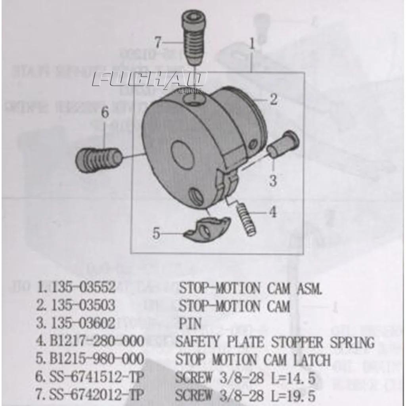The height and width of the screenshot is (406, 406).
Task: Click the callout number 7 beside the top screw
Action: coord(158,42)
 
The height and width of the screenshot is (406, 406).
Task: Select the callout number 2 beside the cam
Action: coord(274,99)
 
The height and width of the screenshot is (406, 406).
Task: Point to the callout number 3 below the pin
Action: coord(273,180)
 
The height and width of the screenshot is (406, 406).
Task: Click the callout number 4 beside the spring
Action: coord(273,212)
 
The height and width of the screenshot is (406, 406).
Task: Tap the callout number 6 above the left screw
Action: coord(105,112)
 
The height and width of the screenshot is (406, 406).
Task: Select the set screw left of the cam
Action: coord(98,160)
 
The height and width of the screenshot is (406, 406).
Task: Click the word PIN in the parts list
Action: coord(190,323)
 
